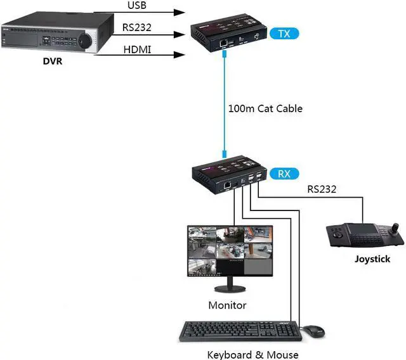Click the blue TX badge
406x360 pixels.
point(282,33)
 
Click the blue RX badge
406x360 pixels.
point(282,172)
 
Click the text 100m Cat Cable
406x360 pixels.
point(265,108)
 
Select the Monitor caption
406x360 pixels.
point(227,305)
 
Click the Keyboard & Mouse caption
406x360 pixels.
point(252,354)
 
